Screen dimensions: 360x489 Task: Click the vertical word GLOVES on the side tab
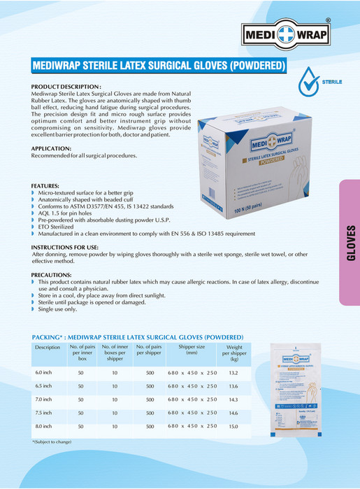[350, 243]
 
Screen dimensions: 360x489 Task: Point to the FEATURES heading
[46, 185]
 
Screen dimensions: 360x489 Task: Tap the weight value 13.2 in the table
[234, 373]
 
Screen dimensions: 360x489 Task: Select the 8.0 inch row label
[44, 426]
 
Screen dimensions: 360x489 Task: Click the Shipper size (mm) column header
[192, 350]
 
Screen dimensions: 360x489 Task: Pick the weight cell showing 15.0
[233, 426]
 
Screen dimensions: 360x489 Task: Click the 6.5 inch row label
[44, 386]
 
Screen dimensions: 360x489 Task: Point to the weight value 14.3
[233, 399]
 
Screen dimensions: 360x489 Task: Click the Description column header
[48, 347]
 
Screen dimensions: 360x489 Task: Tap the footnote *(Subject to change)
[52, 442]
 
